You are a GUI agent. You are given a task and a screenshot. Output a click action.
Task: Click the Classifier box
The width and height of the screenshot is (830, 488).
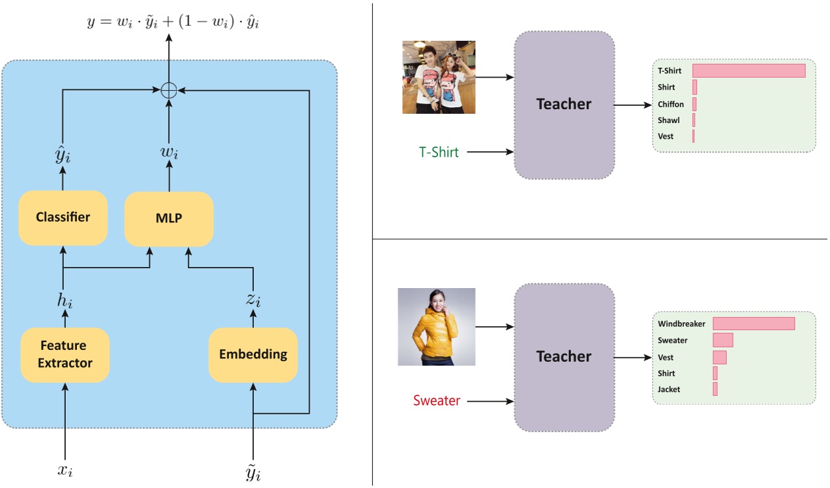pos(63,218)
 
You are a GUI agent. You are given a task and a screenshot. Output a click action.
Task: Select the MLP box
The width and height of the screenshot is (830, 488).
pos(169,219)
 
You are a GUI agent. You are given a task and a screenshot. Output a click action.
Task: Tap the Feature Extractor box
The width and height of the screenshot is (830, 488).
pos(65,354)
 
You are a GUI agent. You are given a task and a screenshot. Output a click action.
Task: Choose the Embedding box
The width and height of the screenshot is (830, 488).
pos(253,354)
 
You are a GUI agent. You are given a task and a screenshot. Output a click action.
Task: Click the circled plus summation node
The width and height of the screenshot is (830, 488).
pos(169,91)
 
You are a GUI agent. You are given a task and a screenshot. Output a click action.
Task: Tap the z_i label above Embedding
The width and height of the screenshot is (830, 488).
pos(253,301)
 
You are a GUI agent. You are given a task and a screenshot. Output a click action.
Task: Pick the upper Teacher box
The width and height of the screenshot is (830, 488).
pos(564,105)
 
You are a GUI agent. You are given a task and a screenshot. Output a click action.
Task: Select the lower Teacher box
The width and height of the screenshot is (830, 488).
pos(564,357)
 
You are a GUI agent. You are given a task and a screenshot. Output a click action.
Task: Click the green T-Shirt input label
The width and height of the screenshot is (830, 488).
pos(439,152)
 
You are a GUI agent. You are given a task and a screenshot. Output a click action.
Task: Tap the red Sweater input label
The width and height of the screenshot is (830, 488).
pos(436,401)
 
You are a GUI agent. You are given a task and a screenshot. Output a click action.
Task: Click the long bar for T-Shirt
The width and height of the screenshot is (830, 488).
pos(748,70)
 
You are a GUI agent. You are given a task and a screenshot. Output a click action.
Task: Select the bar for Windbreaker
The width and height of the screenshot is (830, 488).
pos(754,324)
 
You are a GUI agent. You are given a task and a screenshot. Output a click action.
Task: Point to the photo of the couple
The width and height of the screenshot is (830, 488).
pos(439,77)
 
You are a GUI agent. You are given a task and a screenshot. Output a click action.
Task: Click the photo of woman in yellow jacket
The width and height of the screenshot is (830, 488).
pos(436,327)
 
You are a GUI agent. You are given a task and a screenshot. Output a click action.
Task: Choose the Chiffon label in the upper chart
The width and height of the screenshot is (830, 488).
pos(671,105)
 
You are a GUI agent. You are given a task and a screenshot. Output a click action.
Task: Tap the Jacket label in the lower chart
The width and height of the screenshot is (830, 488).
pos(669,389)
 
